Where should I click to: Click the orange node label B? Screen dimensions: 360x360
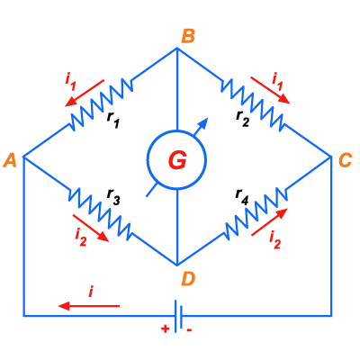pos(188,36)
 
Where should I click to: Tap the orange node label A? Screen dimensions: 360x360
pos(10,160)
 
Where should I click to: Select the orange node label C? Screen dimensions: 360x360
pos(345,160)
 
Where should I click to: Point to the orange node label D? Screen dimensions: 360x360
pos(188,280)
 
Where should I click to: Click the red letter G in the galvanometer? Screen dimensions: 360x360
pos(177,160)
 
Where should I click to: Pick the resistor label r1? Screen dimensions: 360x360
pos(113,121)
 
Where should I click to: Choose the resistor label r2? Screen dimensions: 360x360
pos(242,118)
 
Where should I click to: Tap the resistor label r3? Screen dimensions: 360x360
pos(113,198)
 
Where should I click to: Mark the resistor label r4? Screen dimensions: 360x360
pos(242,198)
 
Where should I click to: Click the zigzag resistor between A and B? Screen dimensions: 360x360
pos(102,104)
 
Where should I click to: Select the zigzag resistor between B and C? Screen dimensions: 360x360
pos(252,105)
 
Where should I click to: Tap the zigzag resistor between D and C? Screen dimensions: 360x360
pos(256,213)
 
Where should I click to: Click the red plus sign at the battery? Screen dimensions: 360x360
pos(165,329)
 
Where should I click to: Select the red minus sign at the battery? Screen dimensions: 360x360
pos(189,329)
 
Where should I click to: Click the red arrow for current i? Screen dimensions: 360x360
pos(89,306)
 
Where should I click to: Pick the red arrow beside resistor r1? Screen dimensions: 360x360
pos(85,93)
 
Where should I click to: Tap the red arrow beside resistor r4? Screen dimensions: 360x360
pos(269,222)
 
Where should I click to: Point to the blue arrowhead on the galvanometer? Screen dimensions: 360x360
pos(204,122)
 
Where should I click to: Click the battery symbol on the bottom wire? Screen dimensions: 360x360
pos(178,316)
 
